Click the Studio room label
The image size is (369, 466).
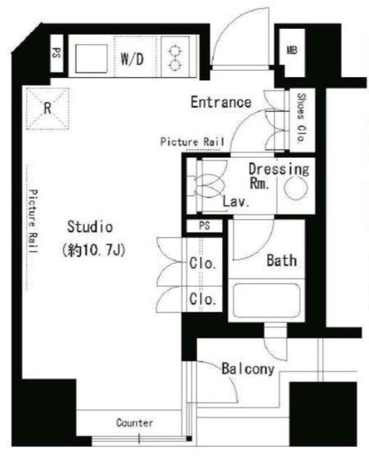[90, 226]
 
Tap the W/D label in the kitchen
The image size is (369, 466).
[132, 58]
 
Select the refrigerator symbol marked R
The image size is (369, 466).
[47, 108]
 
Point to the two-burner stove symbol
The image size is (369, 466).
[175, 58]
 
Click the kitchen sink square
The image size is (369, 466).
[91, 58]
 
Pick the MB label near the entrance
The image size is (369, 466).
[292, 50]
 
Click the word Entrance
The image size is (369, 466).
[221, 102]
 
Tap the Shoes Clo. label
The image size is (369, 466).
[301, 119]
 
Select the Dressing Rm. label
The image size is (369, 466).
[279, 176]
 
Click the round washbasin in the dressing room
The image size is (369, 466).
[295, 189]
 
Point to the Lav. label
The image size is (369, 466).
[236, 202]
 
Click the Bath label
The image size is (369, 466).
[282, 261]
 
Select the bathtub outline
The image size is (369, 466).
[266, 300]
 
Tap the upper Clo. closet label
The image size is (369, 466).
[202, 263]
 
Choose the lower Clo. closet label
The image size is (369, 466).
[202, 299]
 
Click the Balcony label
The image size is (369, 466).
[247, 369]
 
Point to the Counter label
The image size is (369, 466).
[135, 422]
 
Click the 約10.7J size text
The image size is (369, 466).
[94, 250]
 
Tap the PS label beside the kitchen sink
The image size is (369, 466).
[57, 53]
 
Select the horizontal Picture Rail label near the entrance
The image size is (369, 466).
[192, 142]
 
